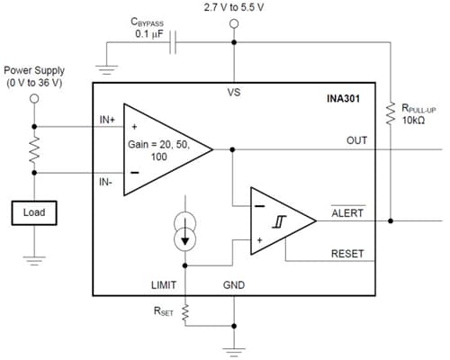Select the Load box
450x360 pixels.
pyautogui.click(x=35, y=212)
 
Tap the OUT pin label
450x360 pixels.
pyautogui.click(x=356, y=141)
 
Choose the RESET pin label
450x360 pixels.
pyautogui.click(x=348, y=253)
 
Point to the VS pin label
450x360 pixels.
pyautogui.click(x=234, y=91)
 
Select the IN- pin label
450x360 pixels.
pyautogui.click(x=107, y=182)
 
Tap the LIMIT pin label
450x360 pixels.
pyautogui.click(x=166, y=284)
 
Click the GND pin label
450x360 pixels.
pyautogui.click(x=234, y=284)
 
